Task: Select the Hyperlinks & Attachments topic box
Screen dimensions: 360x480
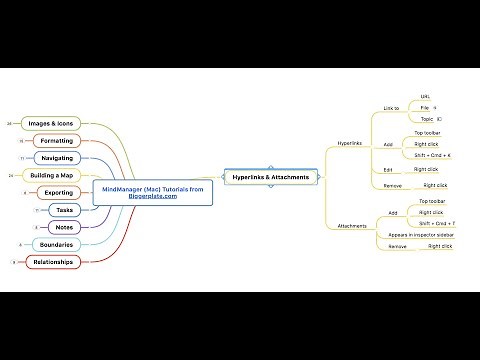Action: point(271,177)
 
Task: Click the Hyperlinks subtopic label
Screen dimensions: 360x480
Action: point(350,143)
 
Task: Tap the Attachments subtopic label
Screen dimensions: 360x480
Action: point(351,226)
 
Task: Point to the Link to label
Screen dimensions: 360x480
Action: point(391,108)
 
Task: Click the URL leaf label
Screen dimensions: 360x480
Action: point(425,96)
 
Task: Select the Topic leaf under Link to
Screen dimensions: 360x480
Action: point(425,118)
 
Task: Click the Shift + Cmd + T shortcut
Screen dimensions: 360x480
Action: point(437,223)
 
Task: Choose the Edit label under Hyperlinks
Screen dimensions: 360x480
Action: point(388,170)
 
